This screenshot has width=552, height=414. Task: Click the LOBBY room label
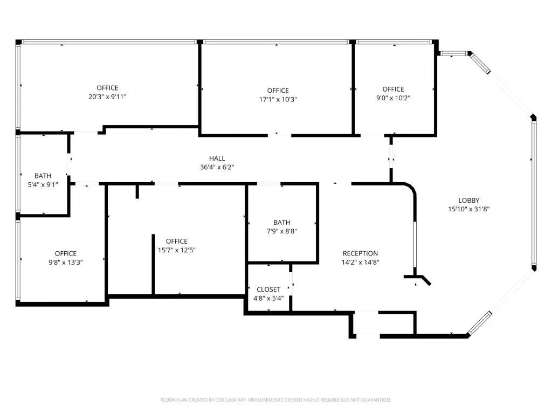click(x=468, y=201)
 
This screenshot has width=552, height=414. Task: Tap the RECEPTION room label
click(x=360, y=253)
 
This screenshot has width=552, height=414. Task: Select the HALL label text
click(x=217, y=158)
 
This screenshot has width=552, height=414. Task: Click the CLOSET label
click(x=268, y=289)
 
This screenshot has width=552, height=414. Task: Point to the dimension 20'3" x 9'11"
click(x=107, y=97)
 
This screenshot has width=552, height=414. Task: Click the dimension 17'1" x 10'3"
click(x=278, y=99)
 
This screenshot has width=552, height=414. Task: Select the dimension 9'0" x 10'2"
click(x=393, y=98)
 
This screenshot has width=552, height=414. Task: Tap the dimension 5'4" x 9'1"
click(x=43, y=184)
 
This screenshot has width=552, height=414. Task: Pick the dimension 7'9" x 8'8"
click(x=281, y=231)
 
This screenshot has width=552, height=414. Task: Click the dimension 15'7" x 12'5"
click(x=177, y=250)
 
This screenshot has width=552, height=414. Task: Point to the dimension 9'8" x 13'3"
click(x=66, y=263)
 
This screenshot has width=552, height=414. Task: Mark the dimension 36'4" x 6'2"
click(x=217, y=167)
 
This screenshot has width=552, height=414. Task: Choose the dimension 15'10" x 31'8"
click(x=469, y=209)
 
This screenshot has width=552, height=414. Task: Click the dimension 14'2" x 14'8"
click(x=361, y=263)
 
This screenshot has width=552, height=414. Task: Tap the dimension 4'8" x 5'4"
click(x=268, y=299)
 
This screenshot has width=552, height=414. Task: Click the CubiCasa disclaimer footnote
click(x=275, y=400)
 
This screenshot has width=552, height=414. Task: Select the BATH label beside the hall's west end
click(x=43, y=176)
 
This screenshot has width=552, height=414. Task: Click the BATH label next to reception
click(x=281, y=223)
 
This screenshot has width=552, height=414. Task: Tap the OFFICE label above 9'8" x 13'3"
click(x=66, y=253)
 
